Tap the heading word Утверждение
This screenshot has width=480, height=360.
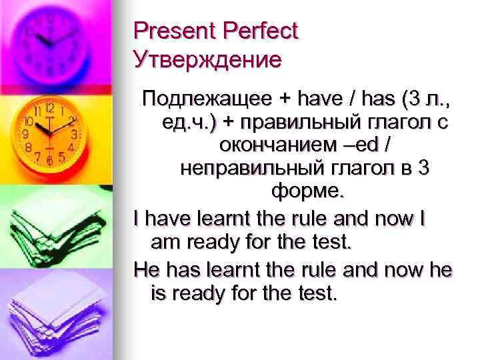(207, 60)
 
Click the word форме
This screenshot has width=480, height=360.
(308, 192)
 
